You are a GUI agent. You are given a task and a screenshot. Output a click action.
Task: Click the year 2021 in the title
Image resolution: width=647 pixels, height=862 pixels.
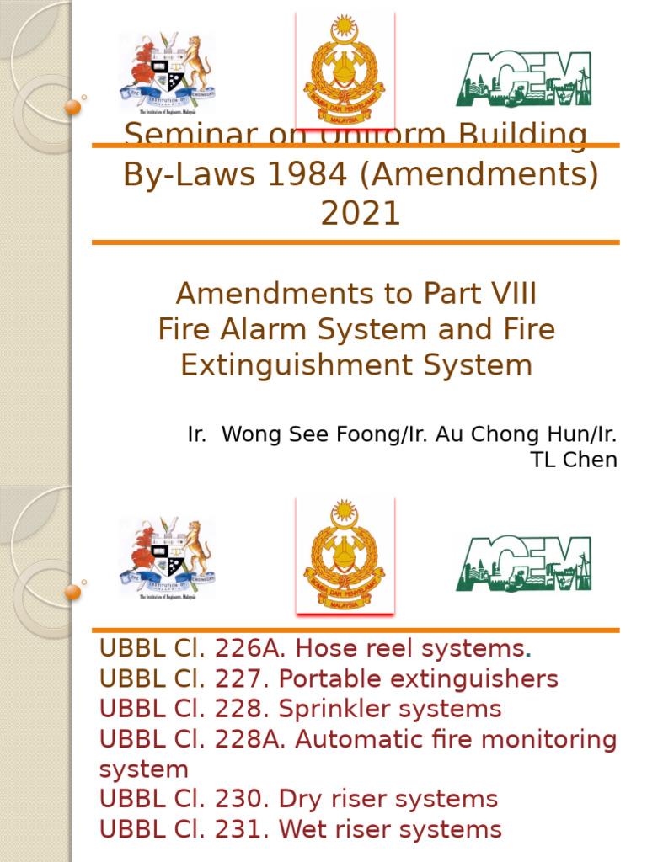(360, 214)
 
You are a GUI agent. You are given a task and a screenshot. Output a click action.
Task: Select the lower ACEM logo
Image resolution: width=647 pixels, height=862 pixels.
(523, 562)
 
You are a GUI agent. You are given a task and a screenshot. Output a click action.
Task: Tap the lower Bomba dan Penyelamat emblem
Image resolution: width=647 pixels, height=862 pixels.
(344, 554)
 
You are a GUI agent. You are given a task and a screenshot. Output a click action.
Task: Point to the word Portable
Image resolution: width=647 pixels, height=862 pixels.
(329, 679)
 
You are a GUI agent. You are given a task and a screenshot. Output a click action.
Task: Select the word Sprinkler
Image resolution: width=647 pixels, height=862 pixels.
(329, 709)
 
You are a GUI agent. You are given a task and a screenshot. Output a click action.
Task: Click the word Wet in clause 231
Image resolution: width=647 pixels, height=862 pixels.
(301, 829)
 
